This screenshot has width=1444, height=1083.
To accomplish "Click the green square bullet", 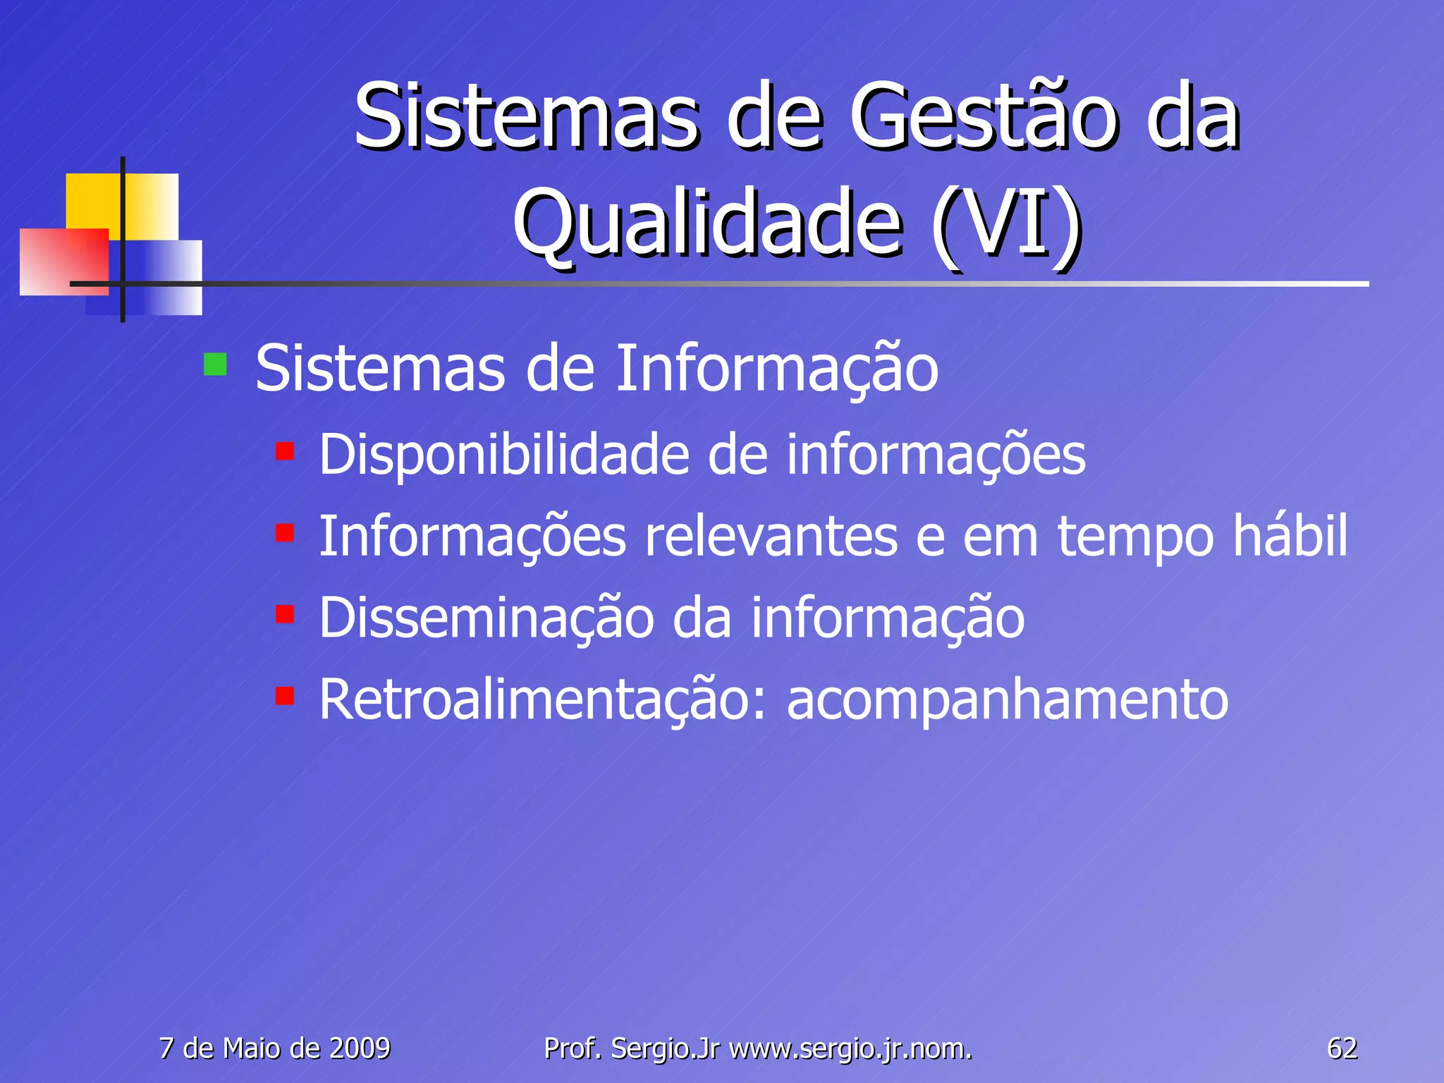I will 215,365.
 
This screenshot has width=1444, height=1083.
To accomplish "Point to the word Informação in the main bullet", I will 776,369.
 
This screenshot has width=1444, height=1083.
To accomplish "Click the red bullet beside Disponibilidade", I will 285,451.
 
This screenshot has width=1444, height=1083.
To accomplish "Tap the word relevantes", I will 771,537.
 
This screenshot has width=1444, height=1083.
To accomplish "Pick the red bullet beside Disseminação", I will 285,614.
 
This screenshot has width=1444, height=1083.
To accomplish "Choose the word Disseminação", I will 487,618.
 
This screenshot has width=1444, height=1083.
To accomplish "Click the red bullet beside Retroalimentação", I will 285,696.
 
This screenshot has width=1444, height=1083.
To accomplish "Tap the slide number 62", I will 1342,1048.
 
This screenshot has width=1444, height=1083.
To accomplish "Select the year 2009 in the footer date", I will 360,1048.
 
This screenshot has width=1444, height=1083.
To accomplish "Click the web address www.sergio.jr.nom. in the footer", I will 850,1049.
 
